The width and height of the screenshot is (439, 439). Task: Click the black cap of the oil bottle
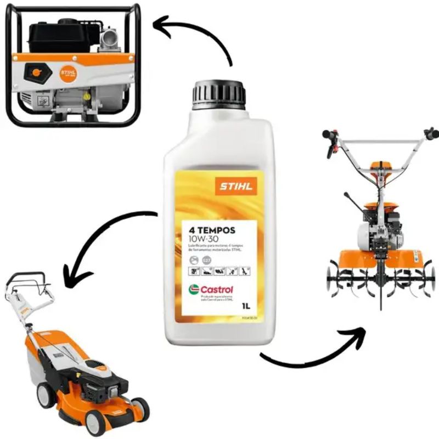[x=218, y=93]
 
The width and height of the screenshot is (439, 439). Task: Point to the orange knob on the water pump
[x=36, y=72]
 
